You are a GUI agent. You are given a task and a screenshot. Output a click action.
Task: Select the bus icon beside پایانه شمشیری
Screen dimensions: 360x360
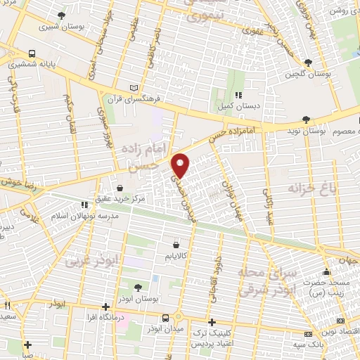pyautogui.click(x=32, y=53)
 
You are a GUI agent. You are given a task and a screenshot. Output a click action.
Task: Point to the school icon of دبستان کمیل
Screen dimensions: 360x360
pyautogui.click(x=238, y=95)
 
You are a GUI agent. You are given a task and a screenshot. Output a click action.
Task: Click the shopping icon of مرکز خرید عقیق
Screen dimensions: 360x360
pyautogui.click(x=120, y=188)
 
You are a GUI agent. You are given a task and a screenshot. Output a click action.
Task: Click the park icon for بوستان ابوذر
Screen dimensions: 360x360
pyautogui.click(x=137, y=287)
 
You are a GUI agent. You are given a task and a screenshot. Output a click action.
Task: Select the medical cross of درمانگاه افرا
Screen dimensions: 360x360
pyautogui.click(x=105, y=307)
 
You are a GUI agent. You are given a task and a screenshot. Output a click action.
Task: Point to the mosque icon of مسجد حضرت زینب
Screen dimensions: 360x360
pyautogui.click(x=325, y=272)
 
